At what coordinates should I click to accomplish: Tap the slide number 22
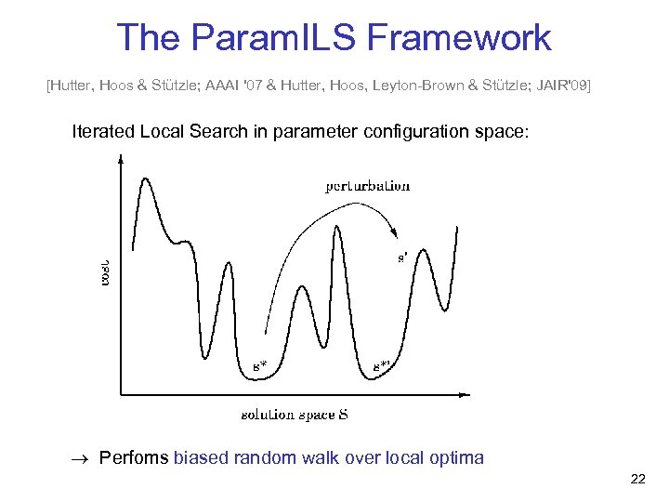pyautogui.click(x=637, y=479)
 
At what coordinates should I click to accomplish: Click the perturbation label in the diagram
pyautogui.click(x=368, y=185)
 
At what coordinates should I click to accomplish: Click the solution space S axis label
pyautogui.click(x=295, y=415)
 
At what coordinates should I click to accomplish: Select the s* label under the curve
pyautogui.click(x=260, y=365)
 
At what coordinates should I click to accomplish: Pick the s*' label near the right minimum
pyautogui.click(x=381, y=365)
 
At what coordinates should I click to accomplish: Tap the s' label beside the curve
pyautogui.click(x=402, y=258)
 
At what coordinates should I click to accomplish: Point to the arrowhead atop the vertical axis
pyautogui.click(x=121, y=159)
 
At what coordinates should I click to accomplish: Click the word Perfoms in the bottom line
pyautogui.click(x=134, y=457)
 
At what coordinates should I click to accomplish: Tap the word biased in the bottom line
pyautogui.click(x=199, y=457)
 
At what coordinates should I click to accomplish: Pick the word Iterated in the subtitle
pyautogui.click(x=104, y=131)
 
